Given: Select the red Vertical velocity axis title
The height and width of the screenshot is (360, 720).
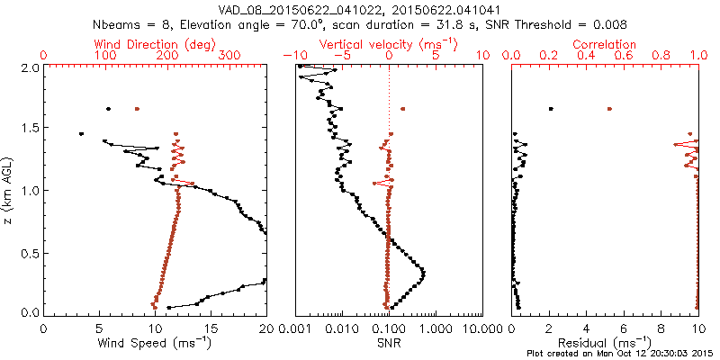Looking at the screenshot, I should (x=388, y=44).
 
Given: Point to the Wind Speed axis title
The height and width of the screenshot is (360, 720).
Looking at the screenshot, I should (x=156, y=342).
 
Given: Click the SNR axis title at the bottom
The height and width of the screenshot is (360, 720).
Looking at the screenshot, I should (x=388, y=342).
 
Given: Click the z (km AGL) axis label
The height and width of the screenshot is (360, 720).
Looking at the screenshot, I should (x=9, y=189).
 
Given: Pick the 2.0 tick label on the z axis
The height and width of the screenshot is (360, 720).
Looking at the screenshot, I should (x=30, y=67).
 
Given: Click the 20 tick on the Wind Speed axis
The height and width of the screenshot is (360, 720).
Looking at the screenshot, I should (x=266, y=328).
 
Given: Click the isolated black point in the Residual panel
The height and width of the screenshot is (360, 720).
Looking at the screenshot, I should (x=551, y=109).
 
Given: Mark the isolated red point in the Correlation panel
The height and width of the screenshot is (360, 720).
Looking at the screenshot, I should (x=609, y=109).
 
